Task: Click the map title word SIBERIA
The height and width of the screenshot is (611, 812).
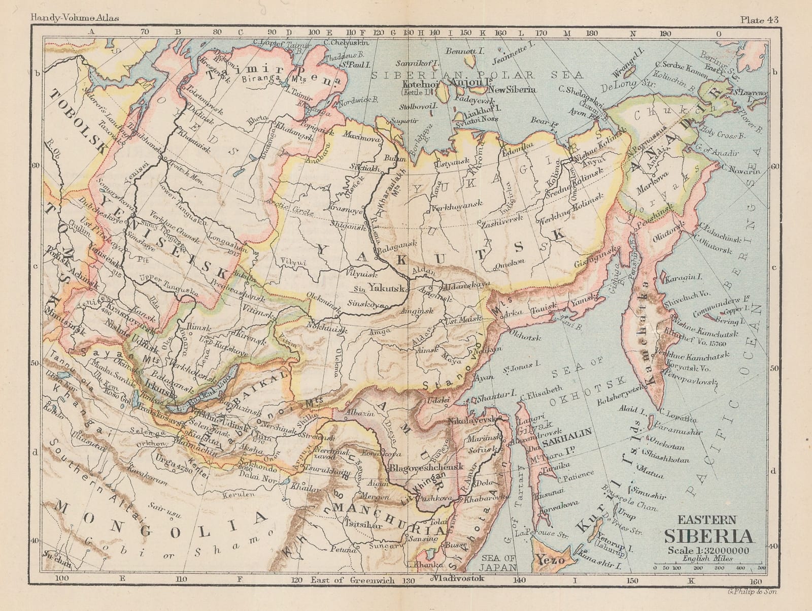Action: click(709, 537)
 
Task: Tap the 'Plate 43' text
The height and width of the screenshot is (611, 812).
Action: click(759, 6)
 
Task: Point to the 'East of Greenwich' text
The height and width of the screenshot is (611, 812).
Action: click(353, 580)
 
